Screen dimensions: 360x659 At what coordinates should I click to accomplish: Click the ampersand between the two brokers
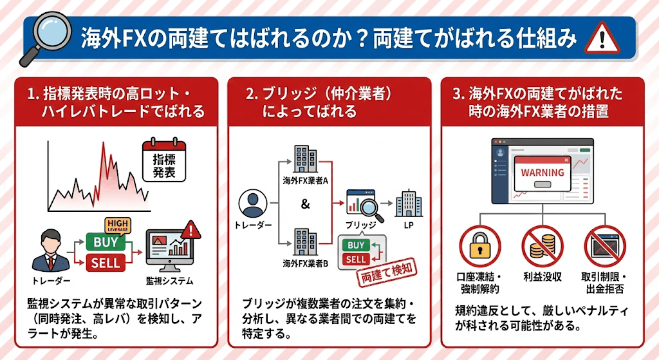[x=305, y=205]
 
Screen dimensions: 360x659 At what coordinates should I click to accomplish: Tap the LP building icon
[x=408, y=204]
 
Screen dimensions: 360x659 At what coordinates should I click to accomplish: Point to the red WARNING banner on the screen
[x=543, y=173]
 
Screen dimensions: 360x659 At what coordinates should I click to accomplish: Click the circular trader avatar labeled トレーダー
[x=252, y=205]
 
